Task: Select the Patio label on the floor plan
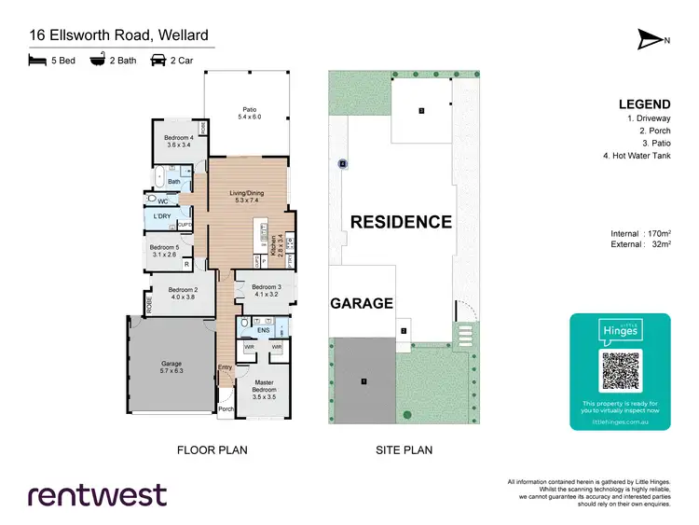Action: click(249, 113)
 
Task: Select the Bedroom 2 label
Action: click(182, 294)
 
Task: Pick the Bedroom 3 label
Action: click(265, 290)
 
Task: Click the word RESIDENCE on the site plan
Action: click(401, 222)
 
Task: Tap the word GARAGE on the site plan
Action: click(362, 303)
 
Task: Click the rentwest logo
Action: click(98, 495)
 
